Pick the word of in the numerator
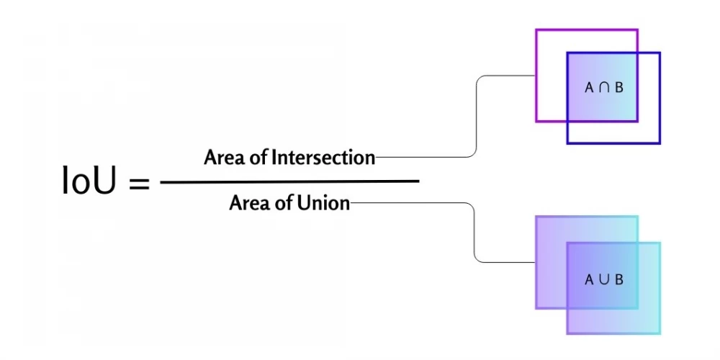coord(256,157)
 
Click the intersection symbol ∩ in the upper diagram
coord(603,88)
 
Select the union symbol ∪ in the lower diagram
coord(603,279)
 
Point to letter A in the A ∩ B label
coord(589,88)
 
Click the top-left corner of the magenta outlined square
coord(536,30)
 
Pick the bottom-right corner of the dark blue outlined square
coord(660,143)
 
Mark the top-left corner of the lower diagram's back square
coord(536,217)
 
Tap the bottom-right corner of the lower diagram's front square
coord(660,333)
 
